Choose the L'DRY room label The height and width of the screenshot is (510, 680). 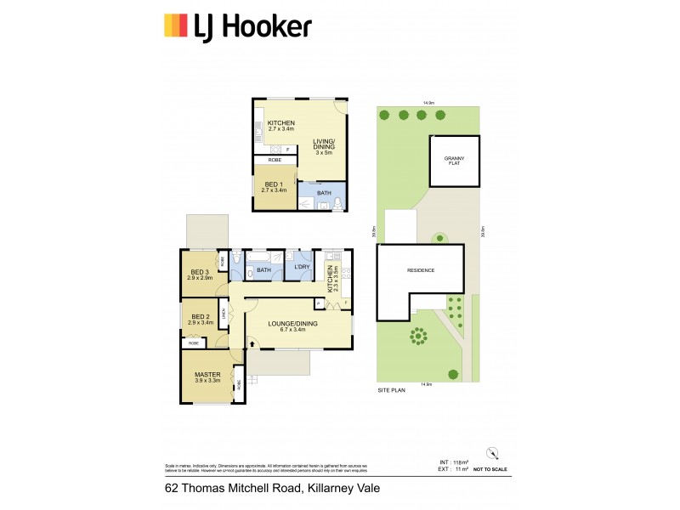[301, 268]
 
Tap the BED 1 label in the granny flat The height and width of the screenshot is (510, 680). [273, 184]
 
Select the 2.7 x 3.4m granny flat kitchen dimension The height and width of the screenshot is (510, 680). [280, 129]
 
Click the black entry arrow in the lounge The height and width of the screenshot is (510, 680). [252, 342]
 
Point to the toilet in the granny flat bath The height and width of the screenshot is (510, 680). [338, 202]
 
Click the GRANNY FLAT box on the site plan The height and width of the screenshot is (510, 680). [454, 160]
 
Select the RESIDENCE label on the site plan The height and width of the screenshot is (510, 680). [420, 270]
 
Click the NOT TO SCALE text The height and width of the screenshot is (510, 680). [491, 468]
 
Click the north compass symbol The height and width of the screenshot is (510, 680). [491, 452]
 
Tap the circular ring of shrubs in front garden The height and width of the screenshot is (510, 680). [419, 337]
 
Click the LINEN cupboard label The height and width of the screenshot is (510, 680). [224, 314]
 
